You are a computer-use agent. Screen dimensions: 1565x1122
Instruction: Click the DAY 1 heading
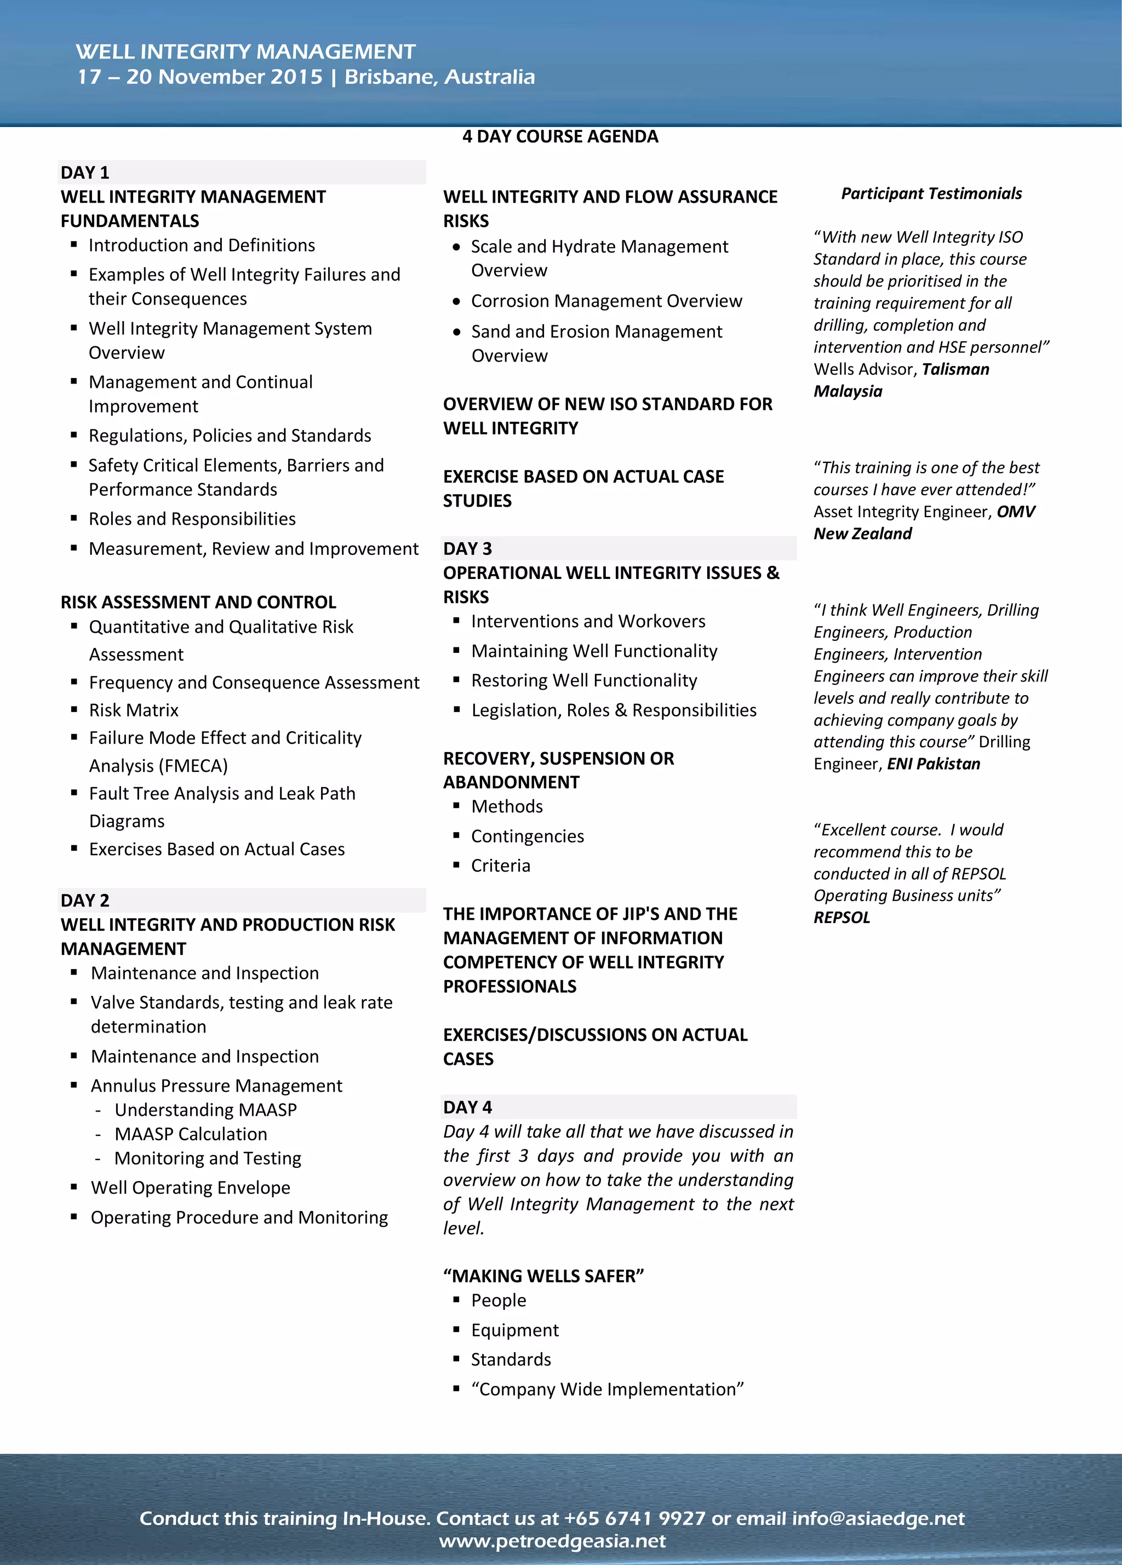(85, 173)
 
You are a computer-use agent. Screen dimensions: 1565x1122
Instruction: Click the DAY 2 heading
(85, 901)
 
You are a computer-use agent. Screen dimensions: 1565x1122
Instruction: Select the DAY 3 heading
(467, 548)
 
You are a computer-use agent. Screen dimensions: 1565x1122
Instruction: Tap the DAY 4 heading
(467, 1107)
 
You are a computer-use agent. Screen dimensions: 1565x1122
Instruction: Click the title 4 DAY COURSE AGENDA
(560, 136)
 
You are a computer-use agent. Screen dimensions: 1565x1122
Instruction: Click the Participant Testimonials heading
(931, 193)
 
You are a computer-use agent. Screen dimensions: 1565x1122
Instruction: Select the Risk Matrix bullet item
(134, 710)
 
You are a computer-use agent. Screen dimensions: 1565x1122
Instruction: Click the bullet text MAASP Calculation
(191, 1134)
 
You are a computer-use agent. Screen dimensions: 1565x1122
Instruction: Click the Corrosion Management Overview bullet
(606, 301)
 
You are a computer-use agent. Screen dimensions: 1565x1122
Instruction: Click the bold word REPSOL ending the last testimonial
(842, 918)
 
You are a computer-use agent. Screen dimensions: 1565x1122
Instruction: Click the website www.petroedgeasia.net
(552, 1541)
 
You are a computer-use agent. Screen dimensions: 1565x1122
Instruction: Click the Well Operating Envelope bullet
(191, 1188)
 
